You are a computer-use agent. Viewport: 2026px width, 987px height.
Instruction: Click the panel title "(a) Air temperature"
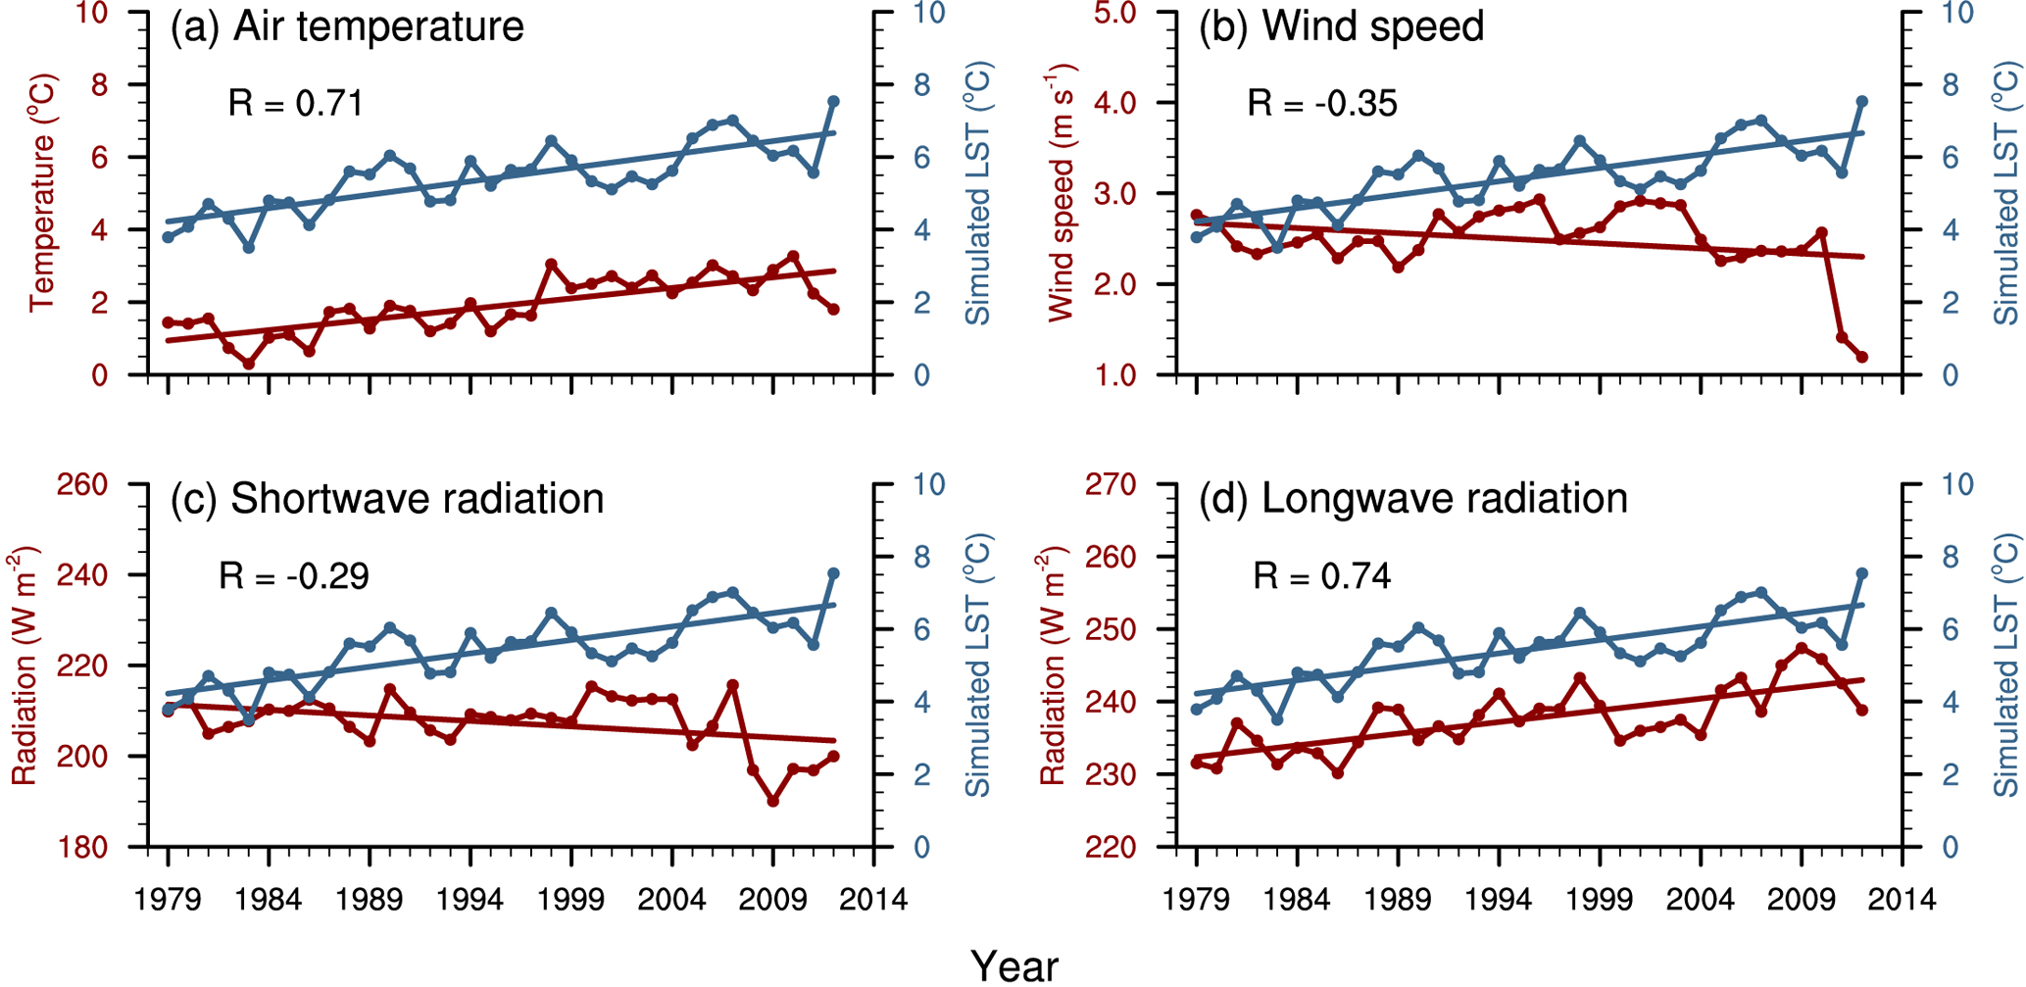[x=347, y=26]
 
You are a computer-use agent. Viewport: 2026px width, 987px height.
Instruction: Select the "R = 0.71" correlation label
[x=296, y=103]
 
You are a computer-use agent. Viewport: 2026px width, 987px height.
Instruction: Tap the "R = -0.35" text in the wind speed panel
[x=1322, y=103]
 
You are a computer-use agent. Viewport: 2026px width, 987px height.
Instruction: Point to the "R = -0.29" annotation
[x=294, y=575]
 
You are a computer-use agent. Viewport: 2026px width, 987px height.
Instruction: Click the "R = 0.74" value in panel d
[x=1322, y=575]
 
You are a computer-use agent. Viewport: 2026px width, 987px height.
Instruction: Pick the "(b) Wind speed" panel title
[x=1342, y=26]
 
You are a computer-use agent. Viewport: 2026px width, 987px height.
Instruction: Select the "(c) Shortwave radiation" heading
[x=387, y=499]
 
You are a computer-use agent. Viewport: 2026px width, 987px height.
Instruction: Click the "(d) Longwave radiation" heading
[x=1413, y=499]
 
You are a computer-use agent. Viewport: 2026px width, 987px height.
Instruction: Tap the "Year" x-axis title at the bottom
[x=1014, y=966]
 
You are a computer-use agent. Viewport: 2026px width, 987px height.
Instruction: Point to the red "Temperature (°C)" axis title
[x=42, y=193]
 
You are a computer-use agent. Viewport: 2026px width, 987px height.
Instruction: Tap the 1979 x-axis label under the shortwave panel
[x=168, y=899]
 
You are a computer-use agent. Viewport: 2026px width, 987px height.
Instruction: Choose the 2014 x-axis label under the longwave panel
[x=1902, y=899]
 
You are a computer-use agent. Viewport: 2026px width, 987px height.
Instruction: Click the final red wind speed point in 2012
[x=1862, y=357]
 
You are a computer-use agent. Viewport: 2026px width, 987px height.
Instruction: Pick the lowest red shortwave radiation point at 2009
[x=773, y=802]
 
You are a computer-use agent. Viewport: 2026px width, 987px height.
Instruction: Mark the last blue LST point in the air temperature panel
[x=834, y=101]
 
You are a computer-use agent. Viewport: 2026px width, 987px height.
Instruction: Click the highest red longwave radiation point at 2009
[x=1802, y=648]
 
